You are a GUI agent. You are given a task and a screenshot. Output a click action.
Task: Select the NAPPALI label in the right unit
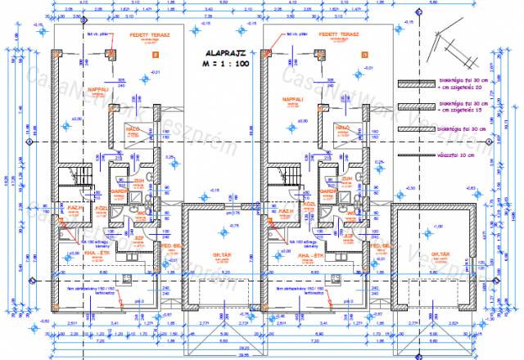pos(293,100)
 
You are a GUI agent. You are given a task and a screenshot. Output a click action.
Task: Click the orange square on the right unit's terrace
pos(364,55)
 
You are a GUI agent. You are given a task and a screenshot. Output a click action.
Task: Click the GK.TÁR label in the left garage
pos(219,255)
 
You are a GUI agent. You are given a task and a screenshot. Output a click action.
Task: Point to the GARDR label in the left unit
pos(119,193)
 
